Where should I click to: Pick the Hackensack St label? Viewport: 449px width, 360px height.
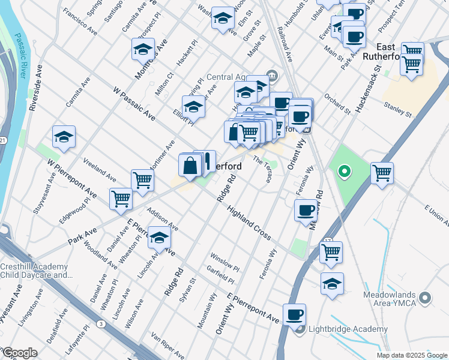click(x=368, y=89)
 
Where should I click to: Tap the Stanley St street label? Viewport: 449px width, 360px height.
click(x=398, y=109)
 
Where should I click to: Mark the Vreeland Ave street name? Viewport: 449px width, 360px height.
click(x=99, y=170)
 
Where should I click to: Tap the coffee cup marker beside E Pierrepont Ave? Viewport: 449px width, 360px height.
click(x=294, y=314)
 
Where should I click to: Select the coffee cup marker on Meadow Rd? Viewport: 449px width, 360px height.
click(x=306, y=210)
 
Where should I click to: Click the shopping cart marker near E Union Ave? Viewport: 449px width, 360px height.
click(x=382, y=174)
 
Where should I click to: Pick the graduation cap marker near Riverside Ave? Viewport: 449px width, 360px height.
click(x=64, y=137)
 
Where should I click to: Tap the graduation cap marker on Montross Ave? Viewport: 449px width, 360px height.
click(x=143, y=50)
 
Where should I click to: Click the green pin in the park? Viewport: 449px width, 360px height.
click(x=344, y=173)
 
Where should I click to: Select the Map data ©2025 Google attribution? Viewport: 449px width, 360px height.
click(x=411, y=355)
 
